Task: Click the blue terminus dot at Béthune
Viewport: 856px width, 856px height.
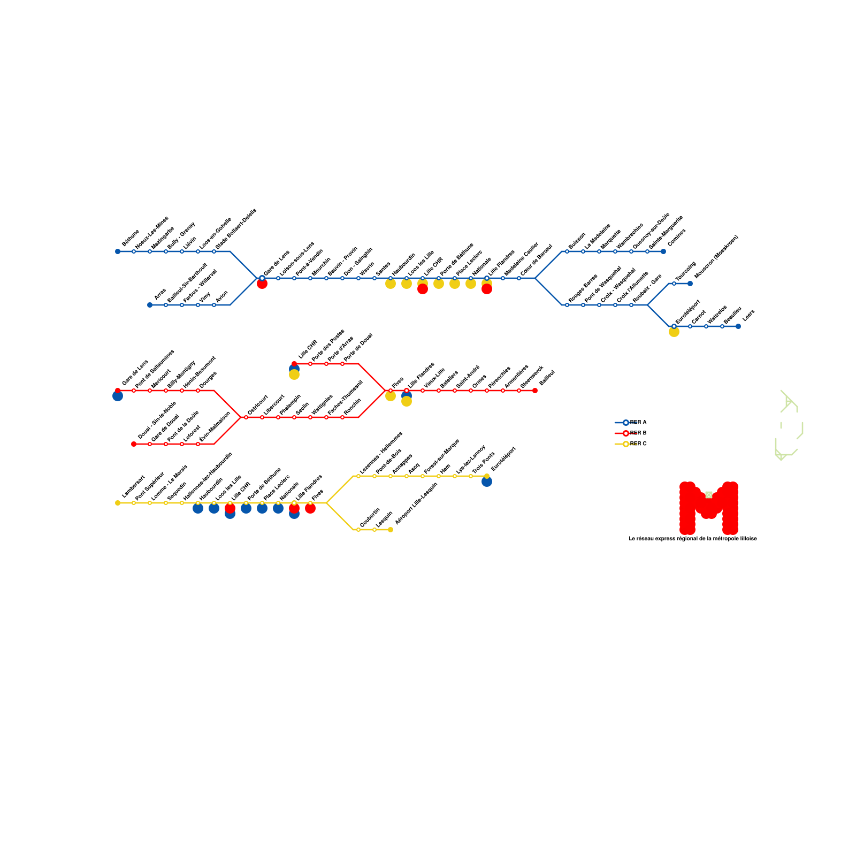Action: tap(118, 251)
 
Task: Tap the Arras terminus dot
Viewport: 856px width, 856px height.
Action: tap(150, 305)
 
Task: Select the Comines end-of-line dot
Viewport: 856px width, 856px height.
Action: tap(663, 251)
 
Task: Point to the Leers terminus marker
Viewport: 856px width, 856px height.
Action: tap(738, 326)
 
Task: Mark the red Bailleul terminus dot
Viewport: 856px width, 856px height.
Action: tap(535, 391)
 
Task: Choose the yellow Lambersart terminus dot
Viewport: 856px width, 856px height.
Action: tap(118, 503)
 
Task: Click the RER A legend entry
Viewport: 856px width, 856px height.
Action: tap(631, 423)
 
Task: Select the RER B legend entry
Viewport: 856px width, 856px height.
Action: tap(631, 433)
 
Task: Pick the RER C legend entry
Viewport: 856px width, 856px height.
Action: tap(631, 444)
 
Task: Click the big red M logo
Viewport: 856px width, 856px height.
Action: tap(708, 507)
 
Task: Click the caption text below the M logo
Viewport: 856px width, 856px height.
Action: tap(693, 539)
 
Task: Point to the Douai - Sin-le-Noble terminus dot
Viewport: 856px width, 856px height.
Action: tap(134, 444)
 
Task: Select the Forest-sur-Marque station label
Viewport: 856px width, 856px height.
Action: tap(441, 456)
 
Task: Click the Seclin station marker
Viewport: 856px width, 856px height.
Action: tap(294, 417)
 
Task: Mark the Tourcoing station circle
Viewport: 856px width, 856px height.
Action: tap(674, 284)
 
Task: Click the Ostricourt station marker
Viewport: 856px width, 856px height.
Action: tap(246, 417)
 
